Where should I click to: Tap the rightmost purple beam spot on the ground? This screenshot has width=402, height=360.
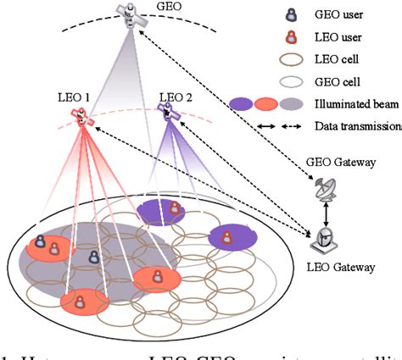[x=232, y=237]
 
